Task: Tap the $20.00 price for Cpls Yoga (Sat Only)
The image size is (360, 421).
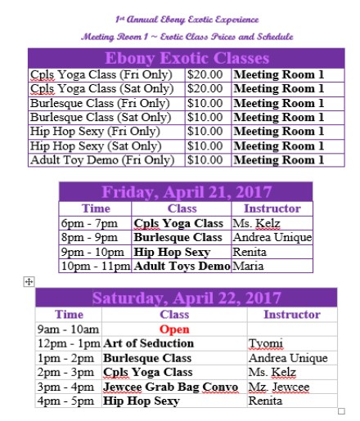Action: coord(208,88)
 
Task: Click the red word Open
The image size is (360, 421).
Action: coord(173,329)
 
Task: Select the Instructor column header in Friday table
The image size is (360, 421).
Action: coord(272,208)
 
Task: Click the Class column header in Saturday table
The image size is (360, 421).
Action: coord(174,314)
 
